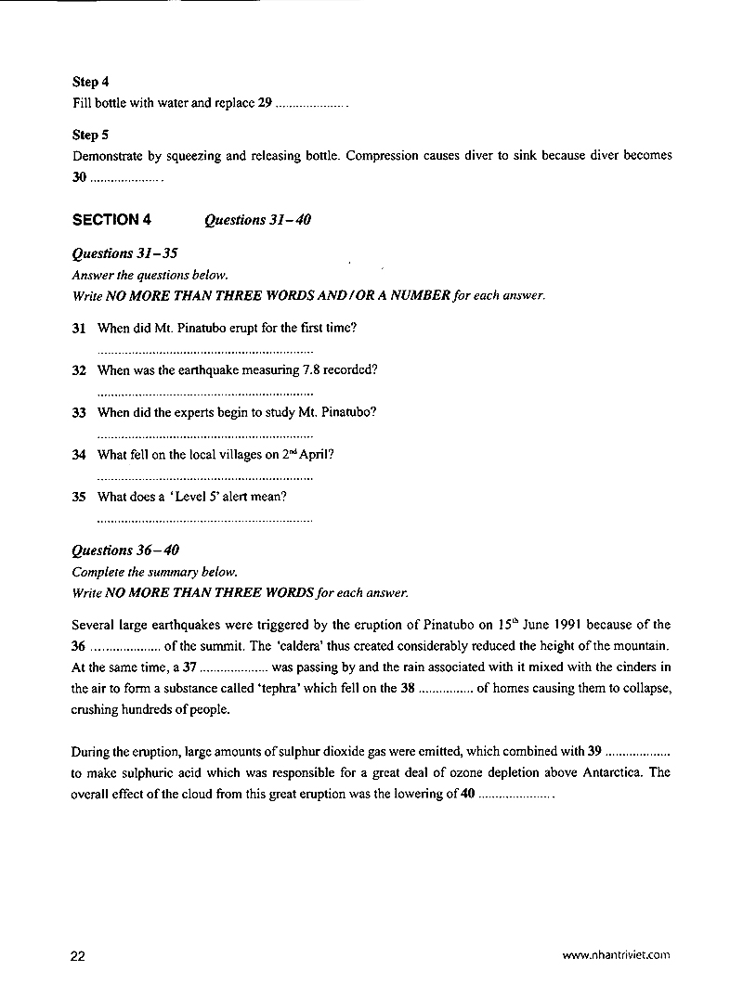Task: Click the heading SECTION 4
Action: point(111,220)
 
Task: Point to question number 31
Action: point(79,328)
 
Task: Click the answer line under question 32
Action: point(204,395)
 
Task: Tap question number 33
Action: point(79,412)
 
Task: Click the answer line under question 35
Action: point(204,521)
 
